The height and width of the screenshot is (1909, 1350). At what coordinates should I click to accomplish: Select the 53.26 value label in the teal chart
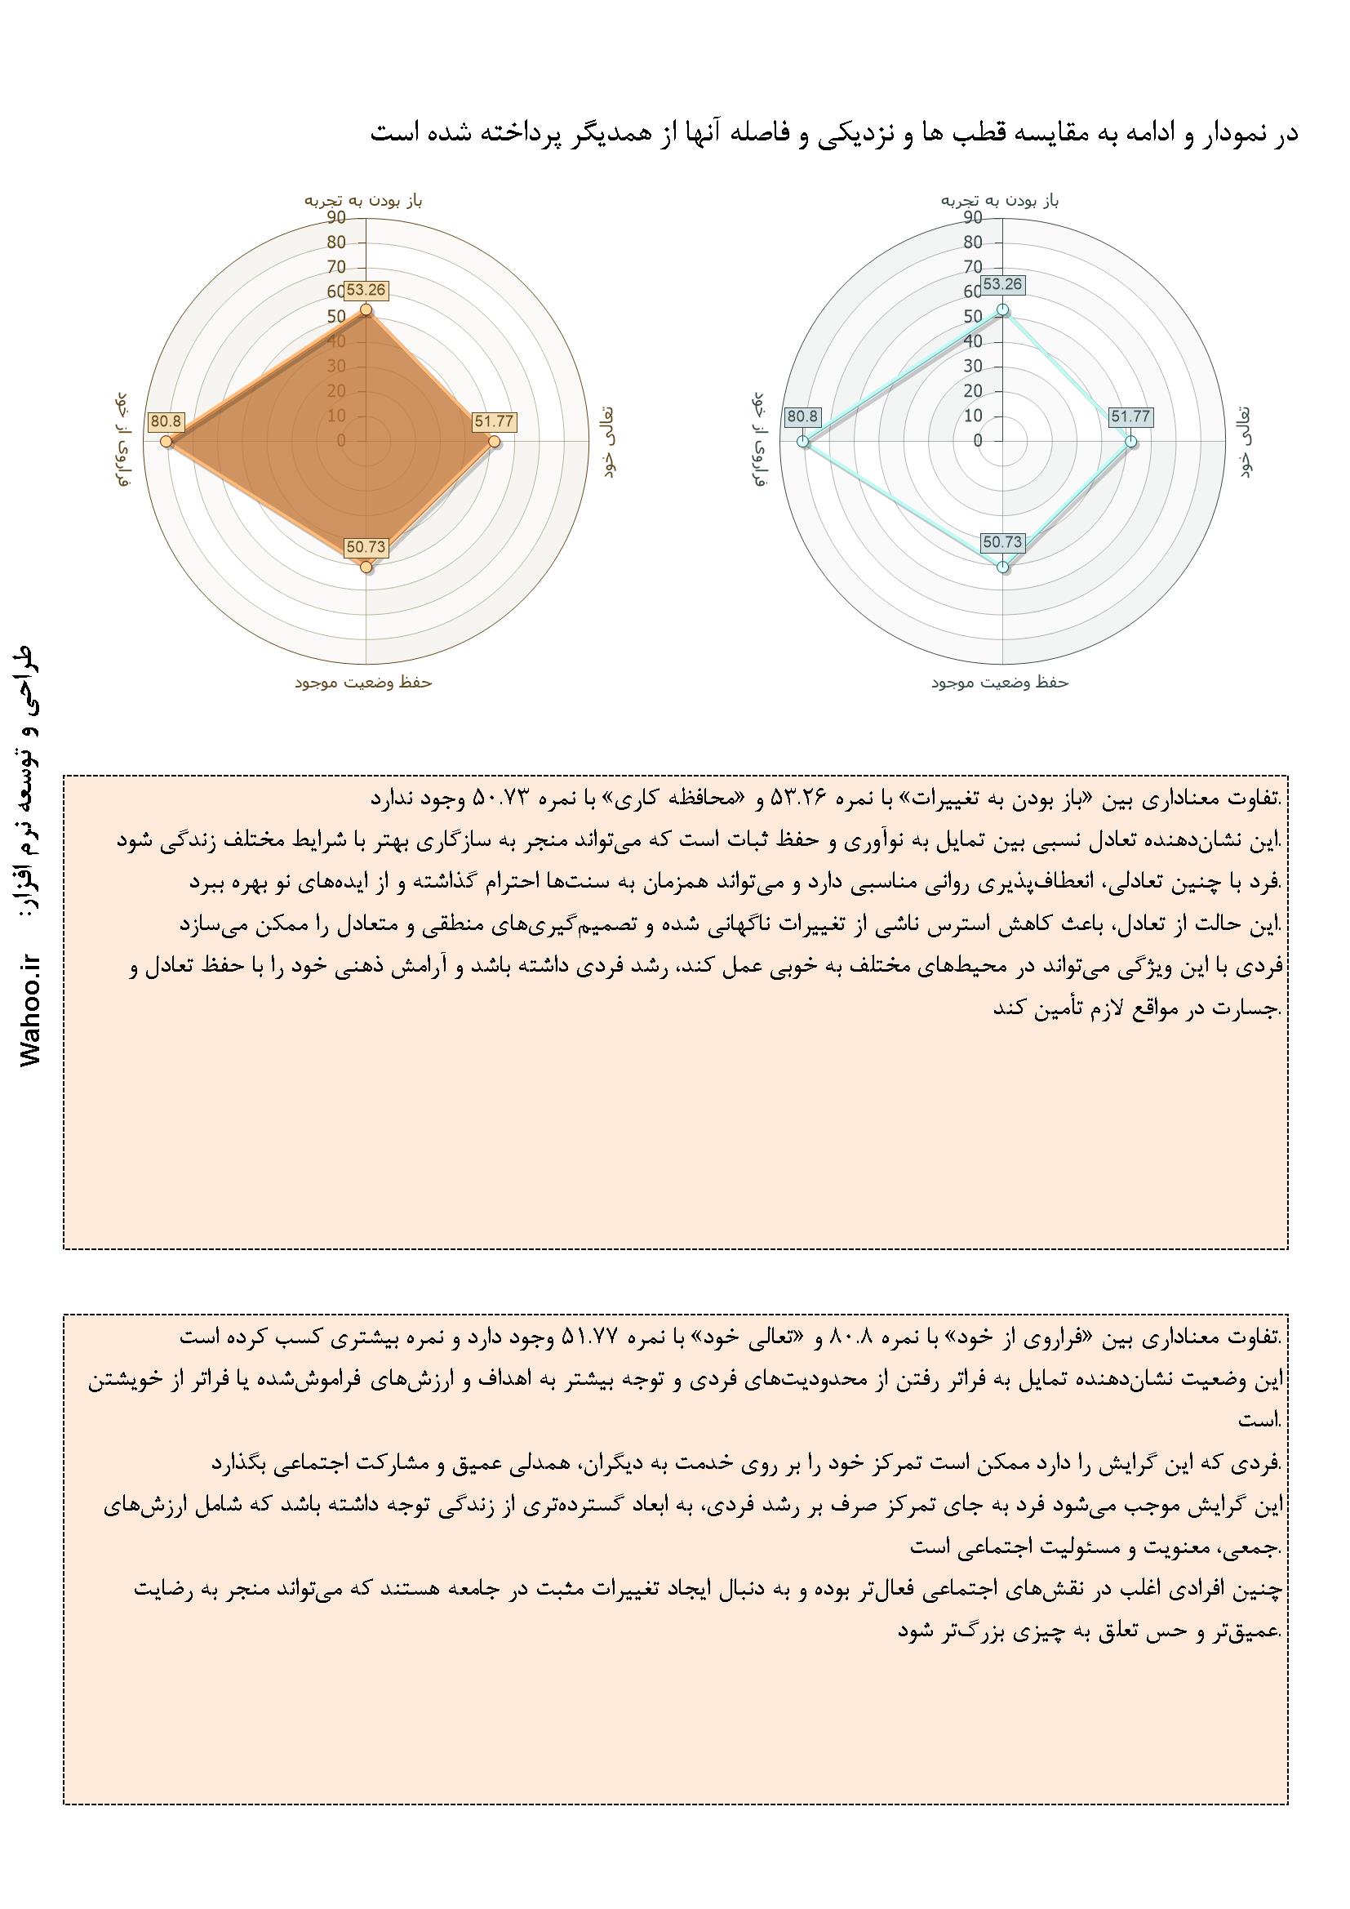pos(1002,284)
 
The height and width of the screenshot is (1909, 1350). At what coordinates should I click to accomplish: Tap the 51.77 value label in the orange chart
pos(494,421)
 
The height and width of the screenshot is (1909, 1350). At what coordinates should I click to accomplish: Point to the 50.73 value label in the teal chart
pos(1002,542)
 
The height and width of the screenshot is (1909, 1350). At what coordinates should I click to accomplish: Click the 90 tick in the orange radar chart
pos(336,218)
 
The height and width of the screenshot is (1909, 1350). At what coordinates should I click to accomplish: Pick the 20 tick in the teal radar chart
pos(973,391)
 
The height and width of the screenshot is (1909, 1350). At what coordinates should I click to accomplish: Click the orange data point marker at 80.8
pos(167,442)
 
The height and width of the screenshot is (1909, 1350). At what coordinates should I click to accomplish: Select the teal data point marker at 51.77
pos(1130,442)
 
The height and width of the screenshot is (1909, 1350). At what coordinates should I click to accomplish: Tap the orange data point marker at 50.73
pos(366,567)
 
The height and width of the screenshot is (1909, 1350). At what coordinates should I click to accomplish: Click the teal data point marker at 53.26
pos(1003,310)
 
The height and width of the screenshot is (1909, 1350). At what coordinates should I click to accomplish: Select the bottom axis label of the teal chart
pos(1000,683)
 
